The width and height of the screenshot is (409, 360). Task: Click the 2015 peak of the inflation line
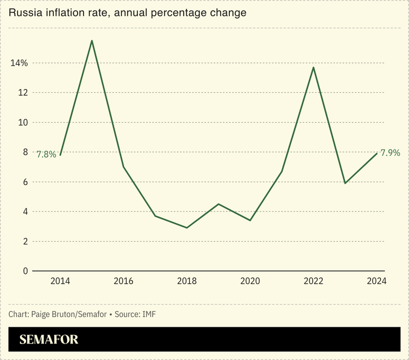tap(92, 40)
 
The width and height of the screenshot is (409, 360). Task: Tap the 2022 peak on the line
tap(314, 67)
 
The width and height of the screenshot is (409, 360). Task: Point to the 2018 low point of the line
tap(187, 227)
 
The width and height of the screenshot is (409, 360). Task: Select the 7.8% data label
tap(46, 154)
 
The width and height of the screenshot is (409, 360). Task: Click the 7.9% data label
tap(390, 153)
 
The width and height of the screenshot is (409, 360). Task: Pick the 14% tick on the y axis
tap(18, 63)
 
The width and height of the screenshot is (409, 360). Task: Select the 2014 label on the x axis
tap(60, 281)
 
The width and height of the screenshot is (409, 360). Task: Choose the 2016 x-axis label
tap(123, 281)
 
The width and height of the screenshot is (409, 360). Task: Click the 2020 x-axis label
tap(250, 281)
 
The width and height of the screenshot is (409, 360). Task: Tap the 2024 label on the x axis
tap(376, 281)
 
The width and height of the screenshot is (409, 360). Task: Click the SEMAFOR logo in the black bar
tap(49, 339)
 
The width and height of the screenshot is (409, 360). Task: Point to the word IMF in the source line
tap(148, 313)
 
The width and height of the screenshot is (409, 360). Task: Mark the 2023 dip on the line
tap(345, 183)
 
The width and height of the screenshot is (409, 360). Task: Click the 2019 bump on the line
tap(219, 204)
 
